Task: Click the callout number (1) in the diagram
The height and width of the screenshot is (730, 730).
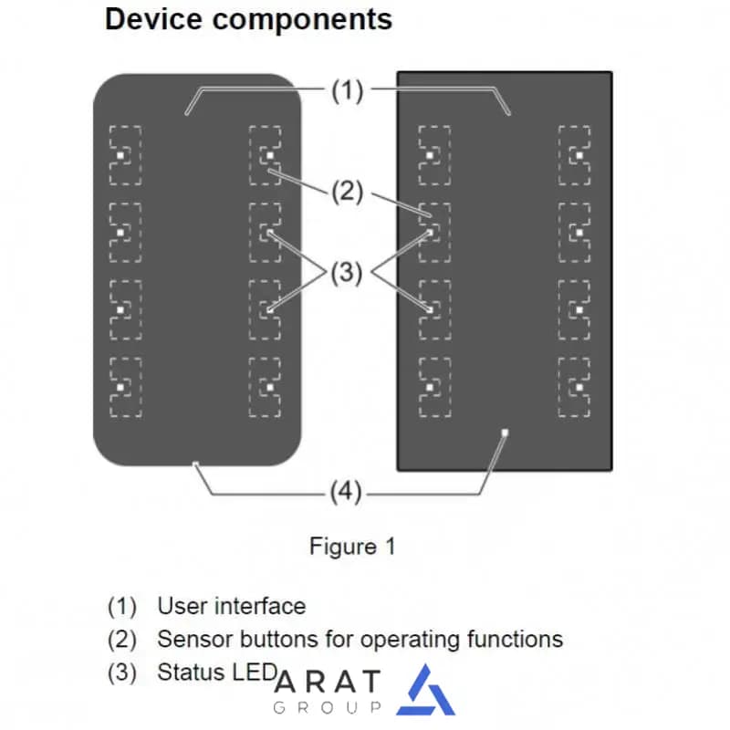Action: [348, 90]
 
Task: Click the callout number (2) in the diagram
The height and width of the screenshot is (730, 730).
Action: [348, 191]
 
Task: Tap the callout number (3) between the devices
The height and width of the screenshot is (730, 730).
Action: [347, 272]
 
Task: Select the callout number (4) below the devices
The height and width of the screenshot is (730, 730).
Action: [346, 492]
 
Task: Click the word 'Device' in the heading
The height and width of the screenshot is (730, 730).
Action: [153, 19]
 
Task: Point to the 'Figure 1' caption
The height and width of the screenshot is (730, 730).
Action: [352, 546]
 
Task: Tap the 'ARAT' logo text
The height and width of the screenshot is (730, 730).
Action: [328, 682]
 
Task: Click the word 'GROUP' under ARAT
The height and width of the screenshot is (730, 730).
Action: [328, 708]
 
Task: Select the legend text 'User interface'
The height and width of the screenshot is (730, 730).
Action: [232, 606]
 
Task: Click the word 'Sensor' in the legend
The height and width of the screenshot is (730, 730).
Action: [195, 640]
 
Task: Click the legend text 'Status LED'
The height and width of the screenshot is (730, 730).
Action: [217, 673]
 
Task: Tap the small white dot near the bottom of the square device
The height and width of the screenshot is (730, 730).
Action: [505, 433]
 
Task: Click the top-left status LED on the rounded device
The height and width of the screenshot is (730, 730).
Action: [120, 155]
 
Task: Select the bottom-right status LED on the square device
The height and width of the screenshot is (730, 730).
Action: [579, 387]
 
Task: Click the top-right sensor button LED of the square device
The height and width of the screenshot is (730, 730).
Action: [579, 155]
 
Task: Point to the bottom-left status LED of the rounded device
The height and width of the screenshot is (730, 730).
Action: [120, 387]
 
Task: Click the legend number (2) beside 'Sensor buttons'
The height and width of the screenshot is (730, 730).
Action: [122, 640]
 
